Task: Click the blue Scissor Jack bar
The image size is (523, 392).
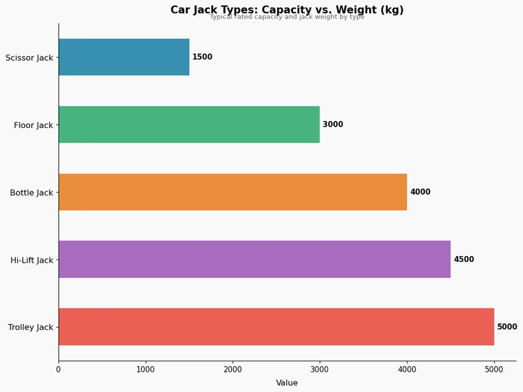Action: pyautogui.click(x=124, y=57)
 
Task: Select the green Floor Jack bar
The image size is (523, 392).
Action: pyautogui.click(x=189, y=124)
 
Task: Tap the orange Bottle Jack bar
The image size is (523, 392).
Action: pyautogui.click(x=233, y=192)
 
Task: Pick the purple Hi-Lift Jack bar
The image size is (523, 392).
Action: pyautogui.click(x=254, y=259)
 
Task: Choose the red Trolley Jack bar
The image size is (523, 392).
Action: pyautogui.click(x=276, y=327)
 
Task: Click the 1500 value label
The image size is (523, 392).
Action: pyautogui.click(x=202, y=57)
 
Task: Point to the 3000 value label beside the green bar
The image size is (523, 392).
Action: pyautogui.click(x=333, y=125)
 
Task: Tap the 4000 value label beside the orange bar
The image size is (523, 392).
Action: pyautogui.click(x=420, y=192)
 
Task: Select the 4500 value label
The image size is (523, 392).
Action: pyautogui.click(x=464, y=259)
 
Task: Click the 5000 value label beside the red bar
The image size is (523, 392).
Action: pyautogui.click(x=507, y=327)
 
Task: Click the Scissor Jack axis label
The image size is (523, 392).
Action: pyautogui.click(x=29, y=57)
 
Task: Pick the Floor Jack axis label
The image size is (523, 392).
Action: pyautogui.click(x=33, y=125)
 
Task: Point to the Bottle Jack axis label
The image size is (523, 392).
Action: pyautogui.click(x=31, y=193)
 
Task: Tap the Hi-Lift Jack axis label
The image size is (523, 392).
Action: pyautogui.click(x=31, y=260)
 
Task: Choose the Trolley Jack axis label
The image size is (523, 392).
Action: pyautogui.click(x=30, y=327)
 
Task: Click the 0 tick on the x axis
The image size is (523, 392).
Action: pyautogui.click(x=59, y=370)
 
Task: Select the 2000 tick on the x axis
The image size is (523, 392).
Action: pyautogui.click(x=233, y=370)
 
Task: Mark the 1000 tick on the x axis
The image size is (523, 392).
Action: pyautogui.click(x=146, y=370)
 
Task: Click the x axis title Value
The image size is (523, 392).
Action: pyautogui.click(x=287, y=383)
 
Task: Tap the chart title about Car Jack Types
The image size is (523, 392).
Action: pyautogui.click(x=287, y=10)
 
